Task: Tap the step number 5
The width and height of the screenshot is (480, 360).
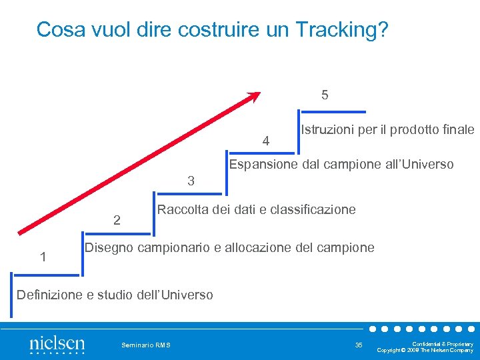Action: click(x=325, y=95)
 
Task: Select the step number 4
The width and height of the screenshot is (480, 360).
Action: click(x=266, y=141)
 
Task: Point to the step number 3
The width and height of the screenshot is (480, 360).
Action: click(x=191, y=181)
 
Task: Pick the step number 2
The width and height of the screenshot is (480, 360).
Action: click(x=117, y=220)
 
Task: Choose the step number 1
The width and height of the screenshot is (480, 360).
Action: click(x=43, y=257)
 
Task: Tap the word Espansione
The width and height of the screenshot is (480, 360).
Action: click(x=261, y=164)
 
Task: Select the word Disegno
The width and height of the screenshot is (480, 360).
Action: click(x=109, y=248)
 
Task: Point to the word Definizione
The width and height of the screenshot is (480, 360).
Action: click(x=47, y=294)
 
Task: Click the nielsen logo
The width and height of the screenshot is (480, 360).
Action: click(x=57, y=345)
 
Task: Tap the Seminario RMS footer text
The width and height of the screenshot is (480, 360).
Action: click(x=146, y=345)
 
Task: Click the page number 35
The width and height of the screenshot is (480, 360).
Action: click(x=359, y=345)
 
